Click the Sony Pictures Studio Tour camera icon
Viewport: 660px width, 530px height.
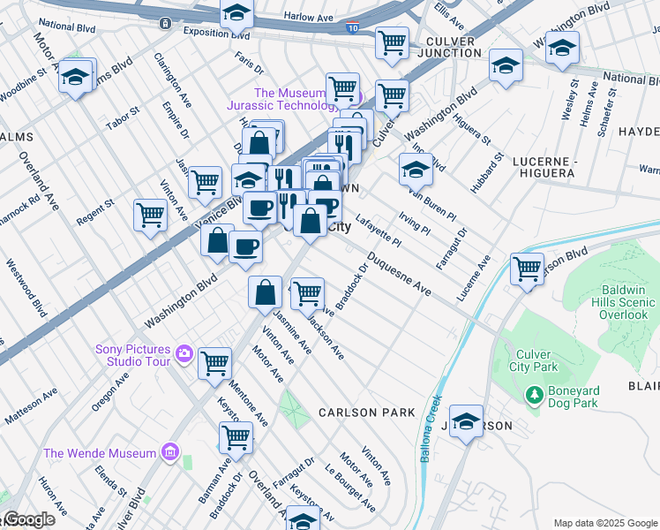(x=184, y=354)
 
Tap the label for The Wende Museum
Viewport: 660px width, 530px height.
(x=100, y=453)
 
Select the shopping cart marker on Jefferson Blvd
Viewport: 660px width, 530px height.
(x=528, y=269)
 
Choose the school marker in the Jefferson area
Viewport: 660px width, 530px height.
(x=467, y=422)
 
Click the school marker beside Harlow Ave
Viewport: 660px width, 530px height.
(x=236, y=12)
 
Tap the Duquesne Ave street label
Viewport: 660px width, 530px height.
(x=400, y=276)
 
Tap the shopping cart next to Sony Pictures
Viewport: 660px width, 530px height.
(x=214, y=362)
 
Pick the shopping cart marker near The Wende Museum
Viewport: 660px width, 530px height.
(x=236, y=436)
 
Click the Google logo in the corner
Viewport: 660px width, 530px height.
(x=28, y=519)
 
